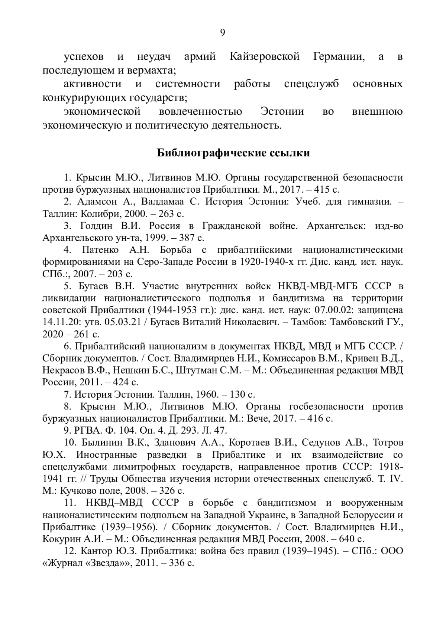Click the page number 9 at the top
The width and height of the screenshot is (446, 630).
(x=223, y=33)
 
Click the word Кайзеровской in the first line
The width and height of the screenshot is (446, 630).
(x=265, y=57)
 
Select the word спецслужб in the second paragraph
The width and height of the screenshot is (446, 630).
(x=311, y=84)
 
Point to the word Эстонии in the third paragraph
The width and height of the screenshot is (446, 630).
(x=282, y=111)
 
